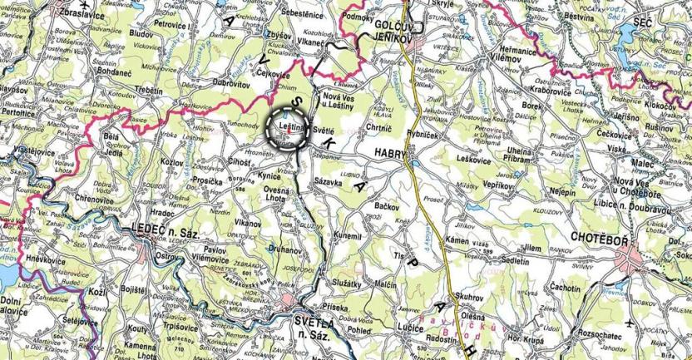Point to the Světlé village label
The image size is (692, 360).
[323, 131]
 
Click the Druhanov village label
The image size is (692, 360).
[284, 249]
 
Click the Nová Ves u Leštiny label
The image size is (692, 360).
[332, 103]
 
